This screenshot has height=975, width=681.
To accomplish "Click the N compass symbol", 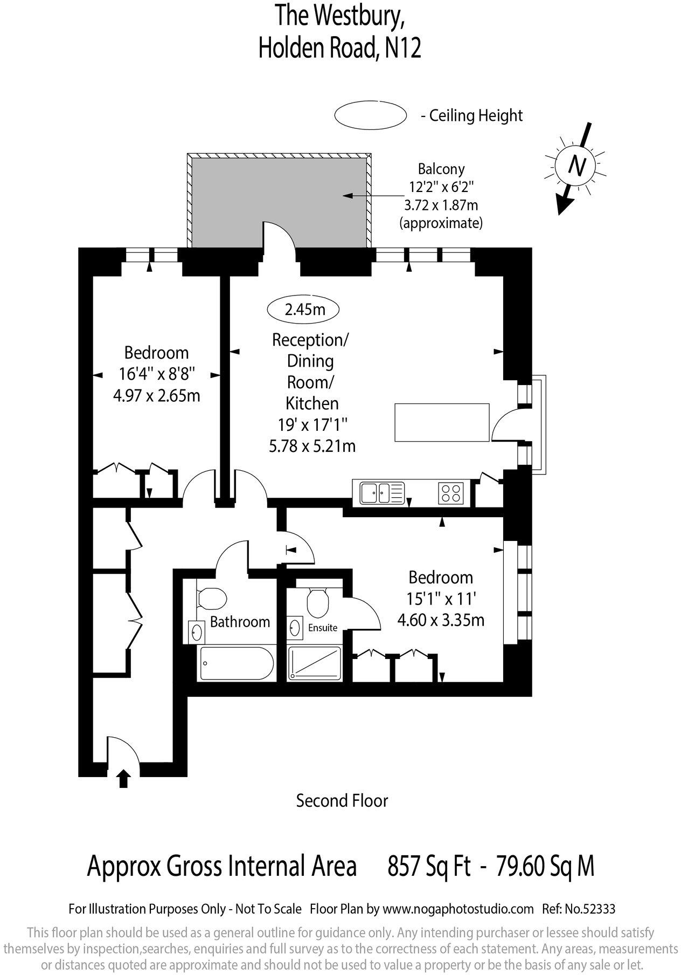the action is [577, 166].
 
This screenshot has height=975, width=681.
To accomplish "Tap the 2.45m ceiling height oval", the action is [304, 310].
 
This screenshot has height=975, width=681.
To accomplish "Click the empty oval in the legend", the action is [370, 115].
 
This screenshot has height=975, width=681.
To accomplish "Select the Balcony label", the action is [441, 169].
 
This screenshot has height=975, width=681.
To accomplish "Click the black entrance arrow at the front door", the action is [123, 779].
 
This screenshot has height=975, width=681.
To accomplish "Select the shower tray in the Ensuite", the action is [315, 662].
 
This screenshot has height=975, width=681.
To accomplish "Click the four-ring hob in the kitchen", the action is [451, 492].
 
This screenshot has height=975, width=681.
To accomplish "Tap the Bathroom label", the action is [240, 622].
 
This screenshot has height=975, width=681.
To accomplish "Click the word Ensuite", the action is [323, 628].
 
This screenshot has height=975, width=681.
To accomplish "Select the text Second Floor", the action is [342, 801].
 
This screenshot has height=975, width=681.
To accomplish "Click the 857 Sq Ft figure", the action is [429, 867].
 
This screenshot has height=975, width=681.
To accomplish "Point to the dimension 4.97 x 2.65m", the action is [156, 396].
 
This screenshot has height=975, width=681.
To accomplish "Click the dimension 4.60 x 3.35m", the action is [441, 620].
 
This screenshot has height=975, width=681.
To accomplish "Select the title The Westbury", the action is [340, 16].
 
